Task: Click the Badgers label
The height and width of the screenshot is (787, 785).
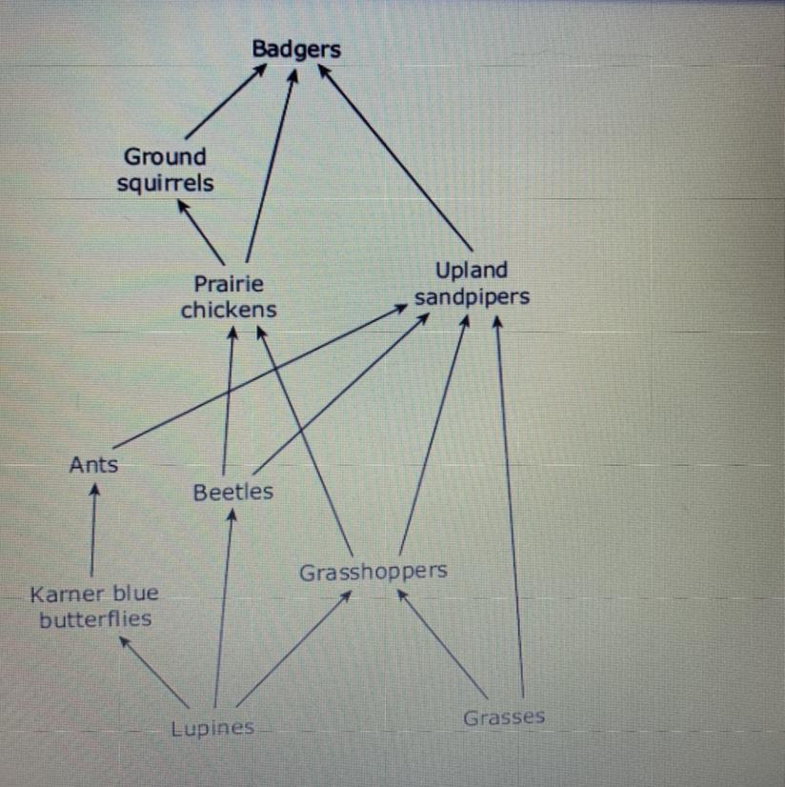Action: coord(295,50)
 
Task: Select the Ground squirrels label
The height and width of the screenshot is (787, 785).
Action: coord(166,170)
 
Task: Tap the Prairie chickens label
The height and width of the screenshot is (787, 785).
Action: coord(229,296)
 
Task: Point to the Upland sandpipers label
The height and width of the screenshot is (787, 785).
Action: coord(472,283)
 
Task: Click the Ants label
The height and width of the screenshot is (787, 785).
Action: coord(93,465)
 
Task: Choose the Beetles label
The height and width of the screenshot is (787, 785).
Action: coord(232,492)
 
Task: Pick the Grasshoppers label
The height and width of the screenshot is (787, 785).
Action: coord(372,572)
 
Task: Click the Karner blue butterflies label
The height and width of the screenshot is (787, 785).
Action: coord(94,606)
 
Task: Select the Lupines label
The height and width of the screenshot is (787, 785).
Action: coord(212,729)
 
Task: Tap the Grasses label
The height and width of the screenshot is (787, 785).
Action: coord(504,717)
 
